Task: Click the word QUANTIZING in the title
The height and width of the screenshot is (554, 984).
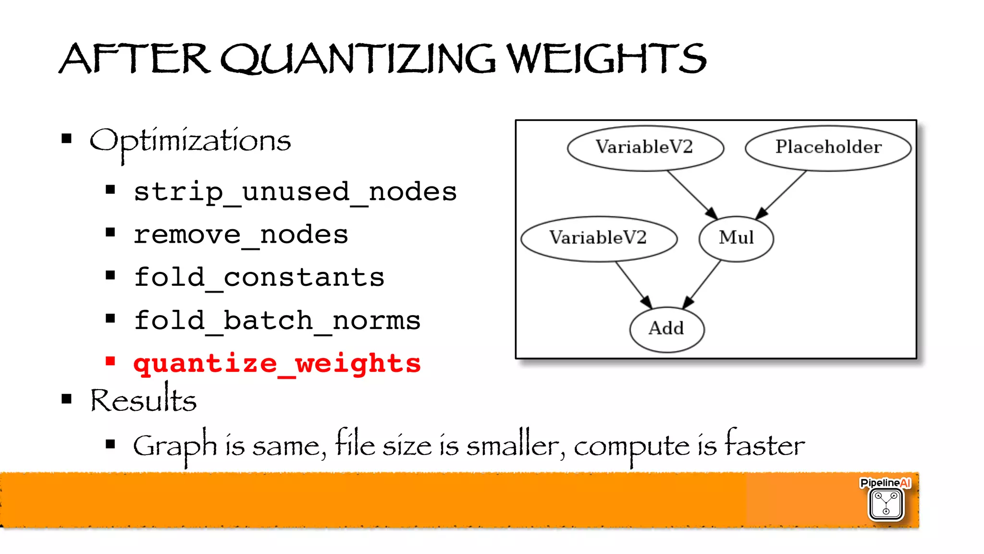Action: click(x=358, y=59)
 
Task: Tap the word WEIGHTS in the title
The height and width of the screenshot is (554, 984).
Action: click(x=606, y=59)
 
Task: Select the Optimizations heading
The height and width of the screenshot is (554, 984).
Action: click(x=190, y=141)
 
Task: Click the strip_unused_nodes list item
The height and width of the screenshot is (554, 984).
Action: click(x=295, y=192)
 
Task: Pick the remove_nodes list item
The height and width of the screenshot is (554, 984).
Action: click(x=241, y=235)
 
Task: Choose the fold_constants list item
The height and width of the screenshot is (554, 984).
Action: click(x=259, y=278)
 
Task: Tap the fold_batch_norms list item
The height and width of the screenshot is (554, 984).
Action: click(x=277, y=320)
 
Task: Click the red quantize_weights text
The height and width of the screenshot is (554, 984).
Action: click(x=277, y=363)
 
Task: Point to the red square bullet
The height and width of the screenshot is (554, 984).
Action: click(x=111, y=361)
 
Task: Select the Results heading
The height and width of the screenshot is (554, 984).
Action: click(x=144, y=400)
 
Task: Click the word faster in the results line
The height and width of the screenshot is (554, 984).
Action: click(x=764, y=444)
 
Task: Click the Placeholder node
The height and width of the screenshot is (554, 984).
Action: click(x=828, y=148)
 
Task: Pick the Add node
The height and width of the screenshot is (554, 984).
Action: click(x=666, y=329)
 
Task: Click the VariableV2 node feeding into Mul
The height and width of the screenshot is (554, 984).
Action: click(x=645, y=148)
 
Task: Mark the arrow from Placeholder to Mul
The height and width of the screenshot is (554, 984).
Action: click(x=782, y=195)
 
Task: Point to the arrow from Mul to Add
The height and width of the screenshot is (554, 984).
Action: click(x=702, y=284)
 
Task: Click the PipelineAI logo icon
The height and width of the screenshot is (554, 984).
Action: click(x=886, y=503)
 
